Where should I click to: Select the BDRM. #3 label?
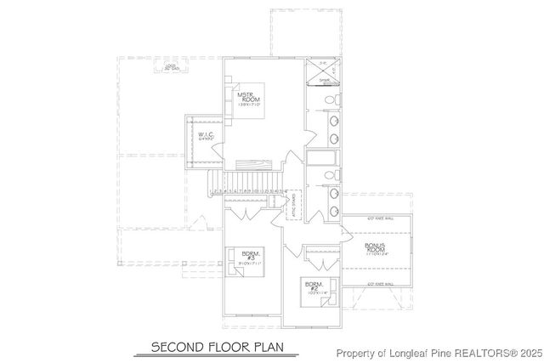[249, 256]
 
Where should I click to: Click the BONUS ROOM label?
[376, 247]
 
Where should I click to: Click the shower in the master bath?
[324, 81]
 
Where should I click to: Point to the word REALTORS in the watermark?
[477, 353]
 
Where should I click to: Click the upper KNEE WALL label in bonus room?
[379, 219]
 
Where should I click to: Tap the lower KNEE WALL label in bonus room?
[379, 284]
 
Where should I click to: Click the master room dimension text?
[248, 105]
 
